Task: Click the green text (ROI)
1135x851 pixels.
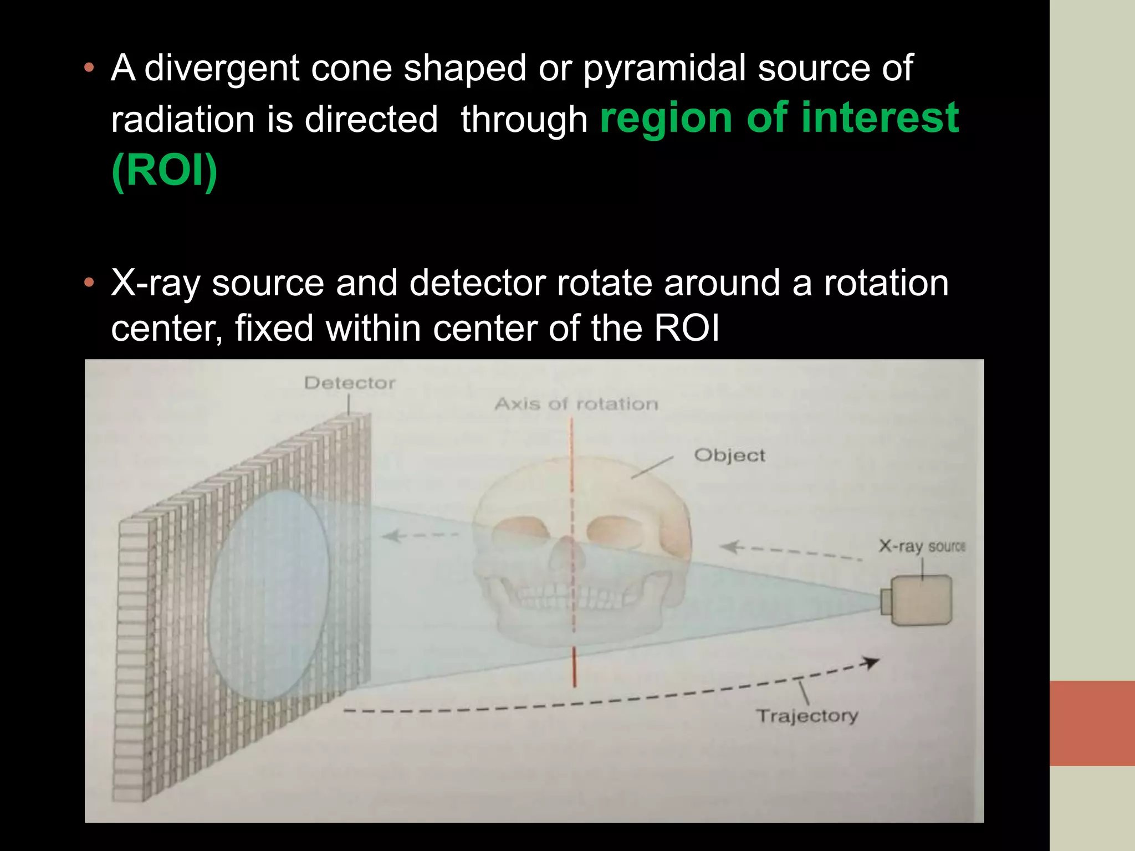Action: [x=164, y=171]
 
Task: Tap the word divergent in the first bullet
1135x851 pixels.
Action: [x=222, y=69]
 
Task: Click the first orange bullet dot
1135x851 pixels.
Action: [x=89, y=69]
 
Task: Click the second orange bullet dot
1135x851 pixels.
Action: [x=89, y=284]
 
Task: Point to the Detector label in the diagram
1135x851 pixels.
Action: [x=350, y=383]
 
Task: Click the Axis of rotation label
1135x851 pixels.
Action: [x=576, y=404]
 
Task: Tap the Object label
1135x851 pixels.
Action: [x=729, y=455]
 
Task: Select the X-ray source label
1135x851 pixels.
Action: [x=922, y=546]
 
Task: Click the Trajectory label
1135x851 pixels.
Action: [x=807, y=716]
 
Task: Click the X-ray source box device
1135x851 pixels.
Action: [x=920, y=601]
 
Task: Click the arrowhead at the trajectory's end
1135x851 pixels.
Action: [x=872, y=662]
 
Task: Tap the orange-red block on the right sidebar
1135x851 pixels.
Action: [x=1092, y=723]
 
